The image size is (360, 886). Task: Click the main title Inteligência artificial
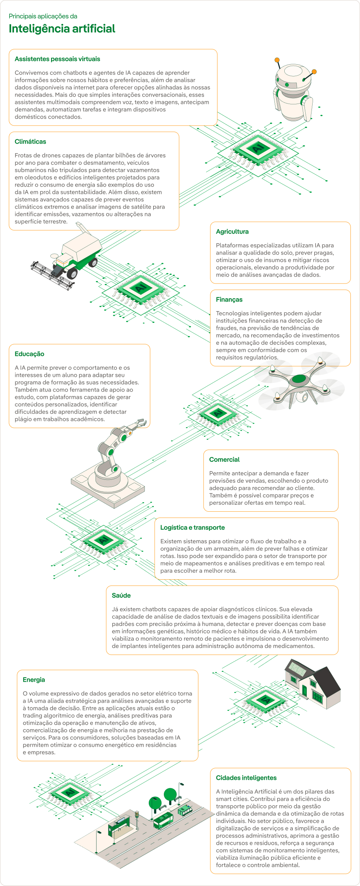click(62, 29)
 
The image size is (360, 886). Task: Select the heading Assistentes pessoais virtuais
click(57, 59)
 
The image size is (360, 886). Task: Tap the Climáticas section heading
click(30, 142)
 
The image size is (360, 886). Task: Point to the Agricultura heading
click(232, 232)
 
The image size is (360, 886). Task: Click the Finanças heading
click(229, 300)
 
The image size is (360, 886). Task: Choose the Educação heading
click(29, 354)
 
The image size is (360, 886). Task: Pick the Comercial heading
click(224, 460)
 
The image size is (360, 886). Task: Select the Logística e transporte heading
click(192, 527)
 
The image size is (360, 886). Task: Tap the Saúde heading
click(121, 595)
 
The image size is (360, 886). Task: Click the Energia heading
click(34, 680)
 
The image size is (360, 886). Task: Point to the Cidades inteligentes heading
click(246, 778)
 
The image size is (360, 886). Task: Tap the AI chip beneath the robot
click(259, 149)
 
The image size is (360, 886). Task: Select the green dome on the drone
click(299, 379)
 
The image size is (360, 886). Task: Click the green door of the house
click(305, 691)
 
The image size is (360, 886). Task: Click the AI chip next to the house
click(264, 700)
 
